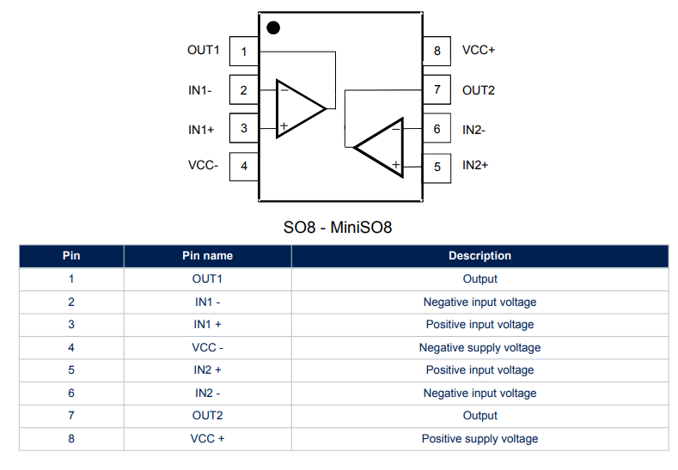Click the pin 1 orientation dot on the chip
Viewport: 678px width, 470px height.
click(x=273, y=27)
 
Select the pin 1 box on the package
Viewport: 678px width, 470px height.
click(x=244, y=52)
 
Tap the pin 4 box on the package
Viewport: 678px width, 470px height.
click(x=244, y=166)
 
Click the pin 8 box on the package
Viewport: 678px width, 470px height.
click(x=437, y=52)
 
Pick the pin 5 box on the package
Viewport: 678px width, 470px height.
click(x=437, y=167)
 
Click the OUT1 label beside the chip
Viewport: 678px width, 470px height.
click(x=204, y=50)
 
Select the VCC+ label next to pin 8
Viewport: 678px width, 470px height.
click(x=479, y=50)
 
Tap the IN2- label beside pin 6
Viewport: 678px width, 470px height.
click(x=474, y=130)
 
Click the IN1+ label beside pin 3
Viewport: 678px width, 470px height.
click(x=201, y=130)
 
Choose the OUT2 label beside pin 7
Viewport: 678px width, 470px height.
click(x=479, y=89)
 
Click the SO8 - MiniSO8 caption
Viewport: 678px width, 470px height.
click(x=338, y=228)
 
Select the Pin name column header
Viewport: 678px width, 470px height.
click(x=207, y=256)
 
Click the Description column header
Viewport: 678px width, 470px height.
click(x=479, y=256)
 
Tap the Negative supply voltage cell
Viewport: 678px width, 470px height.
click(x=479, y=348)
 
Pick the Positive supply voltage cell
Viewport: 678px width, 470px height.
click(x=479, y=439)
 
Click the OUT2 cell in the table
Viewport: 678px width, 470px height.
click(x=207, y=416)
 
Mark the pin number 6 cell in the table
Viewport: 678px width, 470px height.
click(x=71, y=394)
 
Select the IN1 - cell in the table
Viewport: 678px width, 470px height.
click(x=207, y=302)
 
